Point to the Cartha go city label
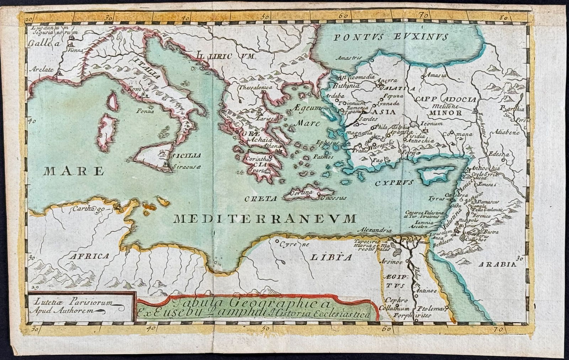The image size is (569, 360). point(88,209)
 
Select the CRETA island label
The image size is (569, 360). point(261,199)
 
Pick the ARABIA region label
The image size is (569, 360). point(497,264)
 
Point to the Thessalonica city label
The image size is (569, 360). point(255,87)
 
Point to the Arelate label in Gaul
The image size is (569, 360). point(41,69)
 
